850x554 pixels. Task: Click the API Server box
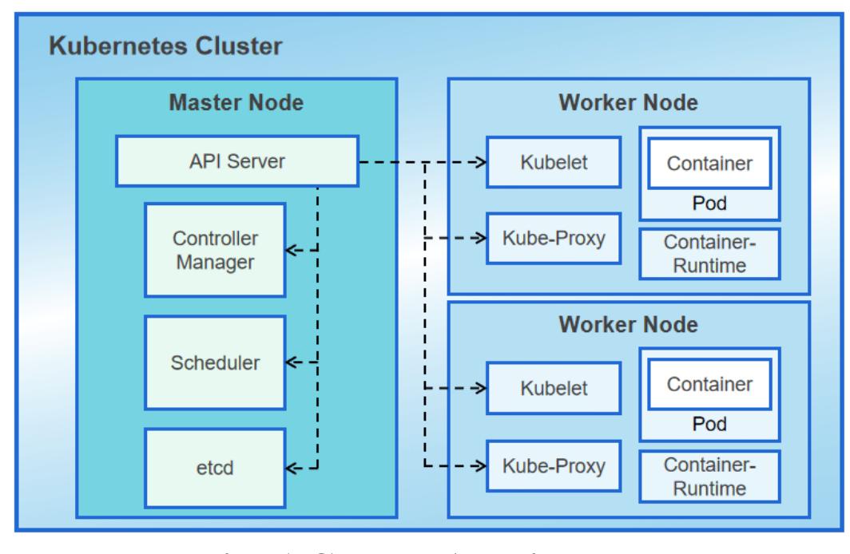(x=236, y=161)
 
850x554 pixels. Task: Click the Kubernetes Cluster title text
(x=165, y=46)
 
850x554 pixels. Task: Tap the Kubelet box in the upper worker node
(x=554, y=162)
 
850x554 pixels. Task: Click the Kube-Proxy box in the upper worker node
(x=554, y=238)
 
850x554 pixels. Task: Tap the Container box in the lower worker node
(x=709, y=384)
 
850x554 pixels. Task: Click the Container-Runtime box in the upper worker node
(x=709, y=253)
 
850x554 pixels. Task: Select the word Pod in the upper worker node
(x=709, y=204)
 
